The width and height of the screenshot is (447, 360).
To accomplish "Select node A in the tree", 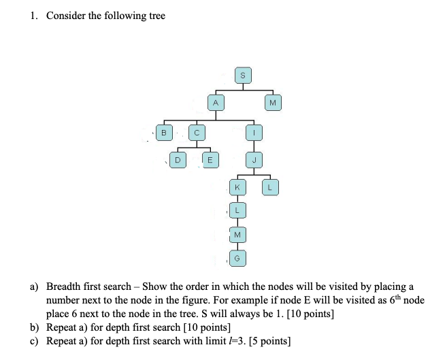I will coord(215,102).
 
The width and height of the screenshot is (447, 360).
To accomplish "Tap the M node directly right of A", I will coord(272,102).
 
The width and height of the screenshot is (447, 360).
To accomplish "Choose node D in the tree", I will coord(178,161).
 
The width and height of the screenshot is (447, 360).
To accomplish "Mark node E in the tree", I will coord(210,161).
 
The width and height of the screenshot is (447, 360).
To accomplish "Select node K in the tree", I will coord(237,186).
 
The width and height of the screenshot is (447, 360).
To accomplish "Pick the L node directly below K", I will coord(237,210).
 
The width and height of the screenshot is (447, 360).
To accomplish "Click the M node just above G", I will coord(237,235).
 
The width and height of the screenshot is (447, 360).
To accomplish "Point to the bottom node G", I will coord(237,259).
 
